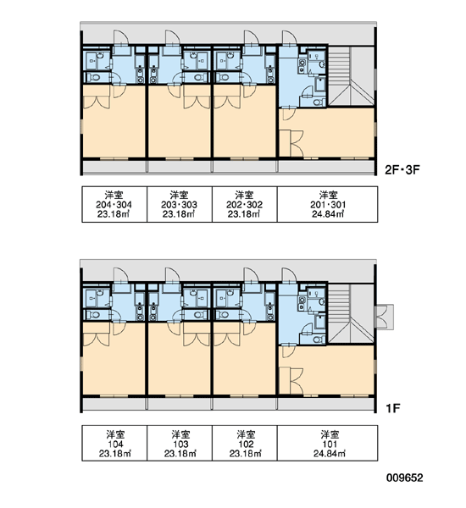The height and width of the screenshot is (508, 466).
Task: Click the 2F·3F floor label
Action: [402, 170]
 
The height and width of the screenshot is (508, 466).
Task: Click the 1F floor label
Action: [393, 408]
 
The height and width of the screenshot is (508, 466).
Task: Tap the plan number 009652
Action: [404, 478]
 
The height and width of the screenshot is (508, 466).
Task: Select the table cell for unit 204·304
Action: [114, 204]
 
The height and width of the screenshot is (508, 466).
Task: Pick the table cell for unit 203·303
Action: [180, 204]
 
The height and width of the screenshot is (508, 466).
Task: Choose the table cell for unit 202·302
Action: [245, 204]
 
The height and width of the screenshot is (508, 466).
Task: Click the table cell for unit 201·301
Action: [328, 204]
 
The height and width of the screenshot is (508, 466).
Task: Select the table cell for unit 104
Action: [114, 443]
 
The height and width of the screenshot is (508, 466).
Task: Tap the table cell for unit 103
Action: [180, 443]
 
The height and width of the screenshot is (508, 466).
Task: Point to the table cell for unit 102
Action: [245, 443]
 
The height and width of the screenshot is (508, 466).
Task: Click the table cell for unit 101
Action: [328, 443]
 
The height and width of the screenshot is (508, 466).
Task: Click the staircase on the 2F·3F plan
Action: [351, 76]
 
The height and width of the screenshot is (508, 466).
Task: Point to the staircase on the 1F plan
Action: [351, 313]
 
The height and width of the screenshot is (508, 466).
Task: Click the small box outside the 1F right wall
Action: [385, 317]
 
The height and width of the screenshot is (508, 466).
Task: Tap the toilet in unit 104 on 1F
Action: [95, 315]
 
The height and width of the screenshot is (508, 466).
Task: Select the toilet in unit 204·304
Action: [95, 77]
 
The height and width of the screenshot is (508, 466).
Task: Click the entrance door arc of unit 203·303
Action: [173, 37]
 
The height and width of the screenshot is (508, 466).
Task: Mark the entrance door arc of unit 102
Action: [252, 274]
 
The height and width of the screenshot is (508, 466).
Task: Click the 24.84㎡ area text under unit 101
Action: [329, 453]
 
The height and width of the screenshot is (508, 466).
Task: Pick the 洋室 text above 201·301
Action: [328, 195]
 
